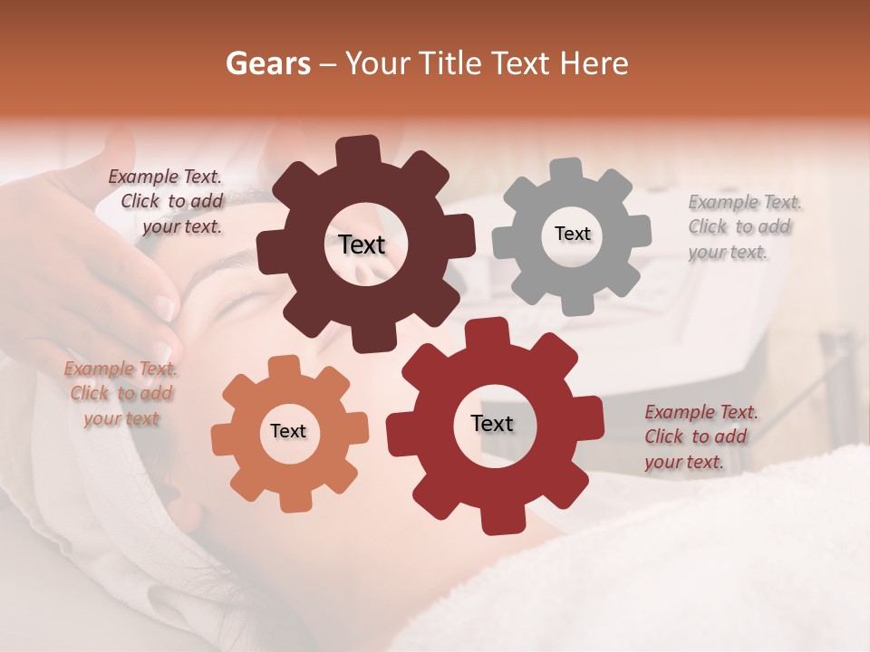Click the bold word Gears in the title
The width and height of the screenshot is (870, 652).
(267, 63)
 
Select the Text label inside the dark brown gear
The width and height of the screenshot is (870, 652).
(362, 244)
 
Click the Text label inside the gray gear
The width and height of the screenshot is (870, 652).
(572, 234)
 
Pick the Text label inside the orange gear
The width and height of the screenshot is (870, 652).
(287, 431)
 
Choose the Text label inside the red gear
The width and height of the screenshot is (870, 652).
(491, 423)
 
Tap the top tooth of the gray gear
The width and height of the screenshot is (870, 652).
(566, 171)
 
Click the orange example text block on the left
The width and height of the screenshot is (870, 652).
(121, 394)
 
